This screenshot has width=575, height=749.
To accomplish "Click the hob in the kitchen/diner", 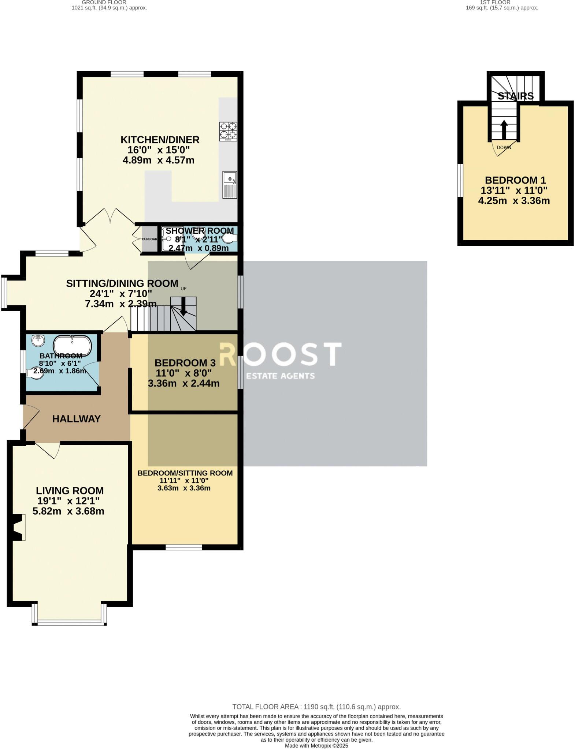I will [x=228, y=131].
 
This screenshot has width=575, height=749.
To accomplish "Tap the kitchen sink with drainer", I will [x=230, y=185].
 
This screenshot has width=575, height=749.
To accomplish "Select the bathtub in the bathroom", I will [x=73, y=345].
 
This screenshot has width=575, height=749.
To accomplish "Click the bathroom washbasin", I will [x=38, y=340].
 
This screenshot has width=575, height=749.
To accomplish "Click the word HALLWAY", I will [x=76, y=419].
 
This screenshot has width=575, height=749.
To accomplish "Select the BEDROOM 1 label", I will [x=515, y=180].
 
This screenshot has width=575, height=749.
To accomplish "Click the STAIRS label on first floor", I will [x=515, y=96].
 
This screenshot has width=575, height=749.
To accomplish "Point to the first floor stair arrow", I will [x=504, y=129].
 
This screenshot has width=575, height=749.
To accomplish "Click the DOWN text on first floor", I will [x=504, y=148].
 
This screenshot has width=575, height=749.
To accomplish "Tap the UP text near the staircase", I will [x=183, y=289].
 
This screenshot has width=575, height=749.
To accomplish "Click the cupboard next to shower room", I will [x=149, y=239].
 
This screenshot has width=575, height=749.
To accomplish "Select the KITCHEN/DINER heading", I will [x=160, y=140].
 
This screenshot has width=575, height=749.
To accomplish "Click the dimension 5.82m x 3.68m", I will [x=68, y=511].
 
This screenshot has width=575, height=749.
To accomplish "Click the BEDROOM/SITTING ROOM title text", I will [x=185, y=473].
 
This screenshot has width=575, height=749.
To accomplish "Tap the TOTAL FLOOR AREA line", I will [x=316, y=707].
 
